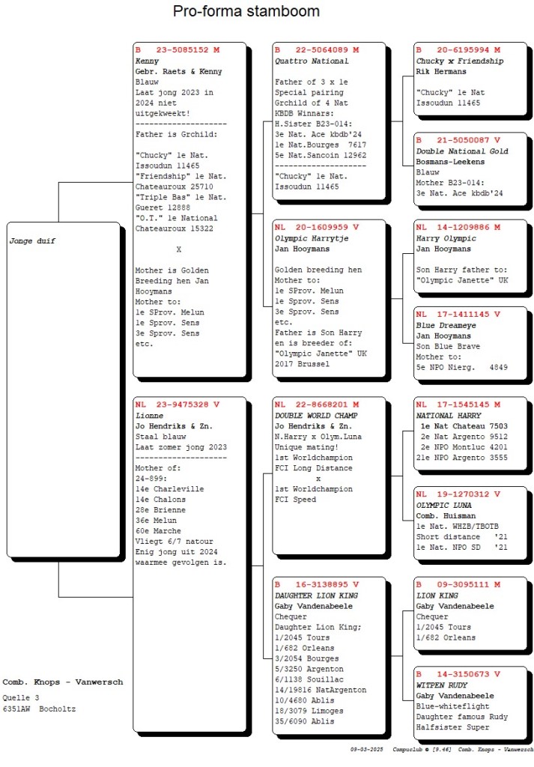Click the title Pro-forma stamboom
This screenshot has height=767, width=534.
pos(246,11)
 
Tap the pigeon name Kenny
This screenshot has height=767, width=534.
pos(148,61)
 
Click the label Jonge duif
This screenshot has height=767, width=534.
pos(32,240)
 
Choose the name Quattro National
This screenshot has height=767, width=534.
pos(312,61)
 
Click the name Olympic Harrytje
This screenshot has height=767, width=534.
pos(312,239)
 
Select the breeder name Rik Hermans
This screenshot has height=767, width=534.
pos(441,71)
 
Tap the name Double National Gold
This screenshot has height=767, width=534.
pos(462,151)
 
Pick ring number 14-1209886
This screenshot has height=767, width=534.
pos(463,228)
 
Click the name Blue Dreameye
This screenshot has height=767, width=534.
pos(446,325)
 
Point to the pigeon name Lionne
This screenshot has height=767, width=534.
pos(149,416)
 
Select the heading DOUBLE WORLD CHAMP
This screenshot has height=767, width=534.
pos(316,416)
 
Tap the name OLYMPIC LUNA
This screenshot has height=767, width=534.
pos(443,506)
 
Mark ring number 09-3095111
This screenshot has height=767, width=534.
pos(463,584)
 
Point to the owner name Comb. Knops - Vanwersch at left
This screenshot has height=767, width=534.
pos(63,682)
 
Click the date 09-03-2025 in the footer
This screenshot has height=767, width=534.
pos(367,749)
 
